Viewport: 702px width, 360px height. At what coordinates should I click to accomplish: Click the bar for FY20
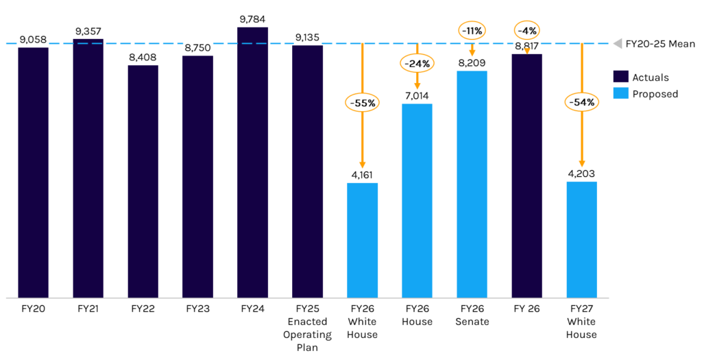click(33, 172)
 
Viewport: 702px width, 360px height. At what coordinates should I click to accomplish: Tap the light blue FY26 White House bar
click(362, 240)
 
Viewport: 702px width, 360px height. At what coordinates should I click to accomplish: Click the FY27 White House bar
click(581, 239)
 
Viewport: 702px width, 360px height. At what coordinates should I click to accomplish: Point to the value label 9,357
click(88, 29)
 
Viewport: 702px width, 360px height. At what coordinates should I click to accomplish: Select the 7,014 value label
click(417, 95)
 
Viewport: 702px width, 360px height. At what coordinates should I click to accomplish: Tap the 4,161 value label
click(362, 175)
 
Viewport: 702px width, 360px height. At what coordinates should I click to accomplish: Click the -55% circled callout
click(362, 104)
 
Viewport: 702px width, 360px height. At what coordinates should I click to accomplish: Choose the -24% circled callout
click(417, 64)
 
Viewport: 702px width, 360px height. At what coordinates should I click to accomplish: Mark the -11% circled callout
click(472, 31)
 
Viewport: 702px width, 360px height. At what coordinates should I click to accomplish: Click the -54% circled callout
click(581, 103)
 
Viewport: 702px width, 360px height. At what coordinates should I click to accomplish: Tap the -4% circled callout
click(526, 31)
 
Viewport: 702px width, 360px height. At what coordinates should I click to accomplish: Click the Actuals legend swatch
click(621, 77)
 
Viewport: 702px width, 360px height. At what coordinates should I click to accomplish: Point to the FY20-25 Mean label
click(660, 44)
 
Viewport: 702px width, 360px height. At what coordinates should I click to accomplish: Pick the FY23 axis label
click(197, 309)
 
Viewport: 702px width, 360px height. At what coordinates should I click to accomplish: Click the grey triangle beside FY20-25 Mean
click(618, 44)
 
